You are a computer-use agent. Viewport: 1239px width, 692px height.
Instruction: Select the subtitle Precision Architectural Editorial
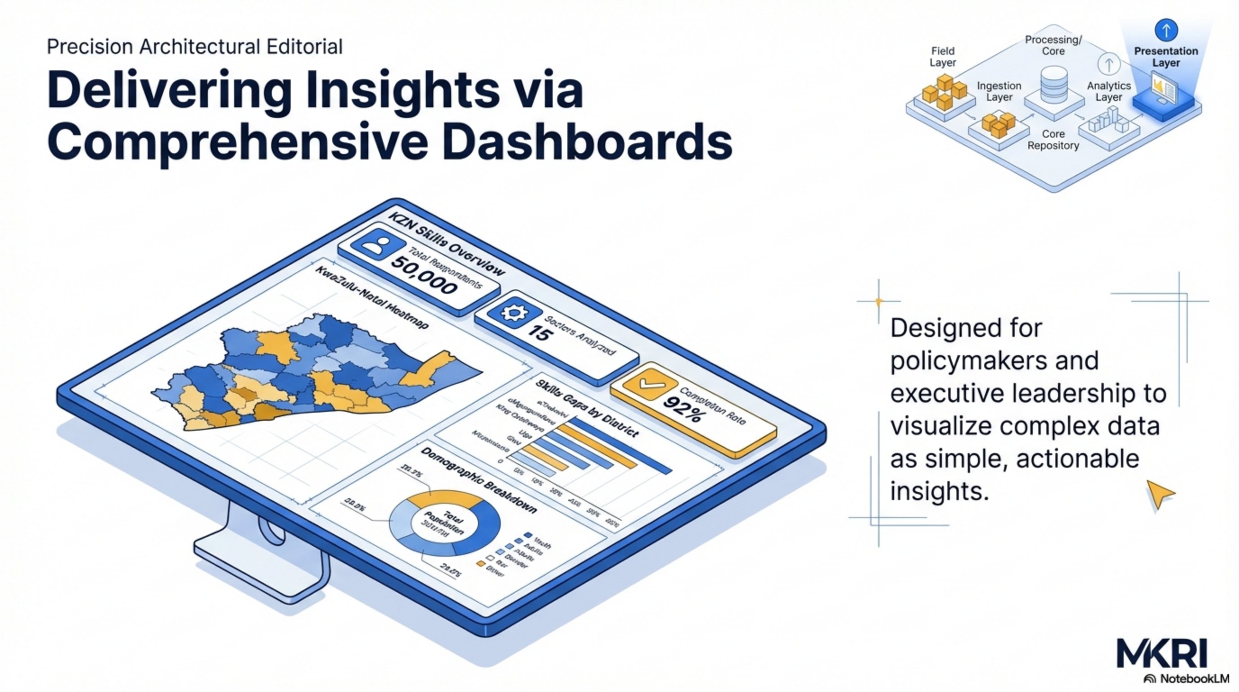click(194, 47)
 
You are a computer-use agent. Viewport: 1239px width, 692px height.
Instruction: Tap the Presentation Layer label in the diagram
click(1166, 57)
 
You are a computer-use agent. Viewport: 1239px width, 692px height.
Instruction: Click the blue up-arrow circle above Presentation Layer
click(1166, 30)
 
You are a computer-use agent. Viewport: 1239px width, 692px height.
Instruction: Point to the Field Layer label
click(942, 57)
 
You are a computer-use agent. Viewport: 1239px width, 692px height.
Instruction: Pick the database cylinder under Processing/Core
click(1054, 86)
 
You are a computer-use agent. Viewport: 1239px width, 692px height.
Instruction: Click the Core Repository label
click(1053, 140)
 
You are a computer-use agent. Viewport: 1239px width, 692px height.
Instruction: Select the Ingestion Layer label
click(999, 91)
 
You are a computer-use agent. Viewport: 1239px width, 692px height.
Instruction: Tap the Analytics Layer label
click(1108, 91)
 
